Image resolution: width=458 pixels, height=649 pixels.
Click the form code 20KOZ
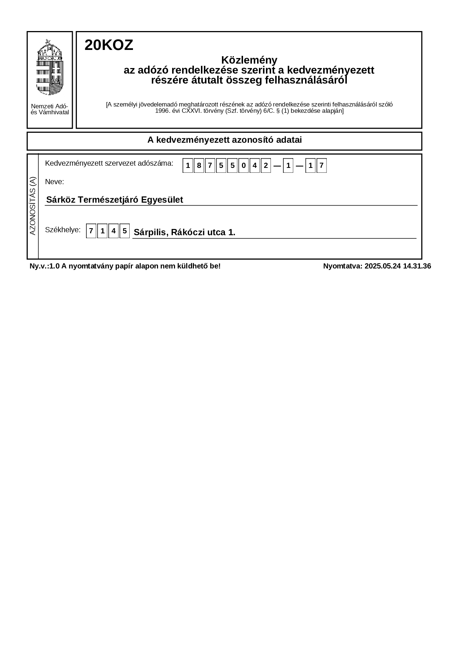(109, 45)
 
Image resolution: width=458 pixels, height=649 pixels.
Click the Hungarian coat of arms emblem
(49, 67)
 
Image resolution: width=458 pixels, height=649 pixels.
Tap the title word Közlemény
(249, 60)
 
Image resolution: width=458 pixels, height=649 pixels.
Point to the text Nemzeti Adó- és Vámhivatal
(49, 109)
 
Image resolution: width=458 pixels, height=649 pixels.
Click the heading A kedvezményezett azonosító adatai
(224, 140)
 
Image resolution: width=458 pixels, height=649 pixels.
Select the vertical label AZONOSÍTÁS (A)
(33, 206)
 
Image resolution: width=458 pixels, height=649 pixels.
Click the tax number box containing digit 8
(199, 166)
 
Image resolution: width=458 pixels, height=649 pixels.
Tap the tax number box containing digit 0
(243, 166)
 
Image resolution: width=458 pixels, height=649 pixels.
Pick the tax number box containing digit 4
(254, 166)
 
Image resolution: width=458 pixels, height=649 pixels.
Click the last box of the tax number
(321, 166)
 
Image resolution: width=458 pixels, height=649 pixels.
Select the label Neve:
(54, 182)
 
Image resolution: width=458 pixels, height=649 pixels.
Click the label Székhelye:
(62, 230)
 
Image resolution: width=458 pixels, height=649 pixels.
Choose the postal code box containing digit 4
(113, 231)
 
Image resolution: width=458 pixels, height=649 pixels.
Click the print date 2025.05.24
(382, 266)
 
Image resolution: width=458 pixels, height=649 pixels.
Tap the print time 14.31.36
(417, 266)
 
